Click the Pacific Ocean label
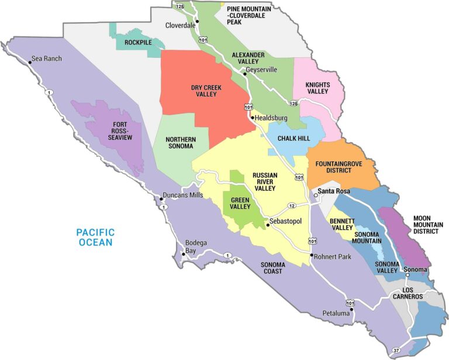tap(95, 237)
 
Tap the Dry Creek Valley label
tap(208, 91)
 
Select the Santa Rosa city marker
tap(316, 194)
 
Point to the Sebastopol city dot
tap(266, 224)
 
